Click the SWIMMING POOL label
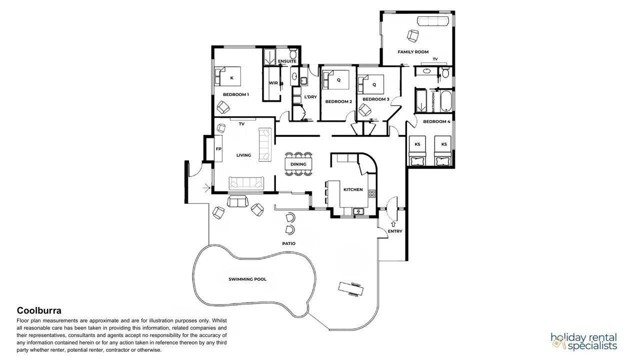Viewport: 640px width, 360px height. [x=247, y=279]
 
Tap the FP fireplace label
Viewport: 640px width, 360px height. [x=218, y=149]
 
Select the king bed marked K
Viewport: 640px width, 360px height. [x=227, y=76]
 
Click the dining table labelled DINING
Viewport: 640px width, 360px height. [x=298, y=164]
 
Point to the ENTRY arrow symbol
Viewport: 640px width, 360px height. [x=393, y=224]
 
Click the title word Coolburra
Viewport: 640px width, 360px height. [x=39, y=310]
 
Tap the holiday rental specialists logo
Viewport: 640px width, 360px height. [x=584, y=341]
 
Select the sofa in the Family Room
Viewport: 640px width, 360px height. [x=433, y=21]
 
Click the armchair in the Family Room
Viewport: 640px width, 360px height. [x=413, y=35]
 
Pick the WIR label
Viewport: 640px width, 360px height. [x=273, y=83]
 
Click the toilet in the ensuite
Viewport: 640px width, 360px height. [x=293, y=53]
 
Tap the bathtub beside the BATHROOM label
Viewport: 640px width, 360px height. [x=445, y=101]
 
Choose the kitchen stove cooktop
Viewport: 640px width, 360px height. [x=371, y=193]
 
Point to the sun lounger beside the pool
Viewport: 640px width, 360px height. [x=351, y=289]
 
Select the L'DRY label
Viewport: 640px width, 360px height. [x=310, y=97]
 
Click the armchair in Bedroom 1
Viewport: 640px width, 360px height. [x=223, y=107]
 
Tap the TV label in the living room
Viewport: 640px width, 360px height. [x=241, y=124]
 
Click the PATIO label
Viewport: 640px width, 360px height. [x=289, y=243]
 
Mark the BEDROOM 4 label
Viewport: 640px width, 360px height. [x=436, y=121]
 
